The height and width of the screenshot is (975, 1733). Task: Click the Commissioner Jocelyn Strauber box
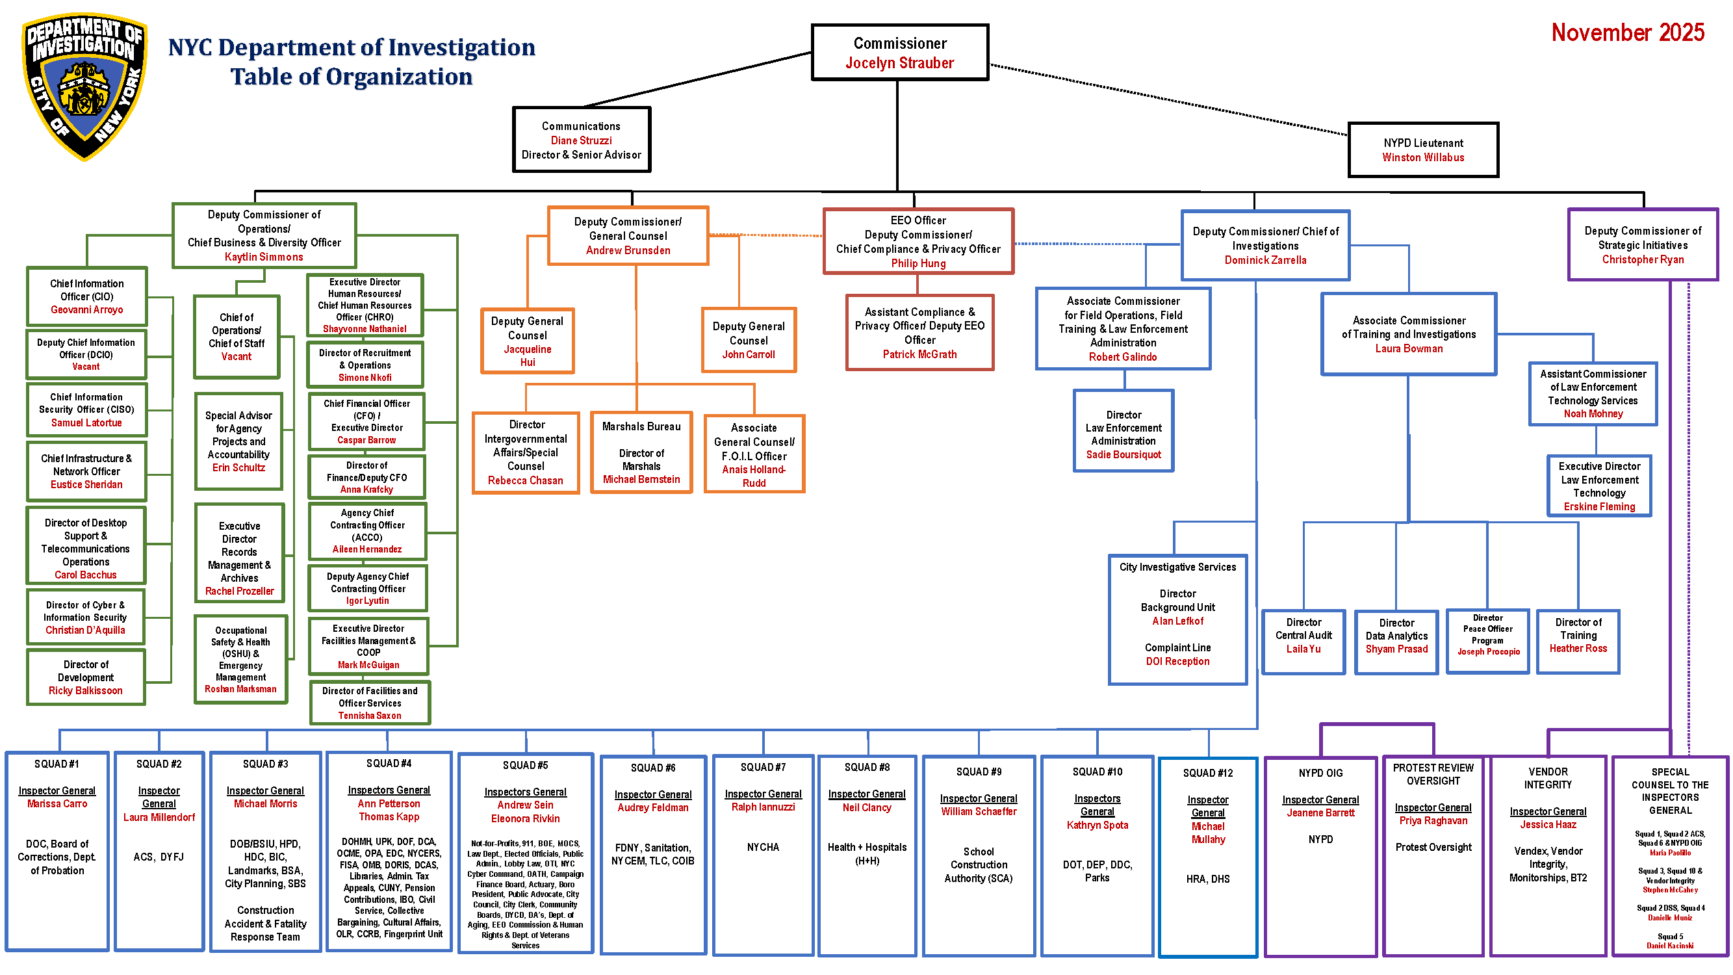899,53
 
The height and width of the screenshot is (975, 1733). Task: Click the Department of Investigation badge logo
83,86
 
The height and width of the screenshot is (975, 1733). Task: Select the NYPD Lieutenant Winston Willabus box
1423,150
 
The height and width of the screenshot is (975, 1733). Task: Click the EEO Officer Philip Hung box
918,241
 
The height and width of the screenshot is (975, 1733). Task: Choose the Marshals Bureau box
641,452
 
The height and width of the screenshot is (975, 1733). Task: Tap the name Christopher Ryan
1642,260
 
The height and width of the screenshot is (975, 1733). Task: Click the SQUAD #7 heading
762,767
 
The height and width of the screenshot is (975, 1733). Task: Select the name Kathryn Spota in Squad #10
1097,825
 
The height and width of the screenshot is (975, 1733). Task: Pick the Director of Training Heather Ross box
1578,642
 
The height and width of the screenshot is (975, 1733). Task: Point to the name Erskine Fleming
1598,507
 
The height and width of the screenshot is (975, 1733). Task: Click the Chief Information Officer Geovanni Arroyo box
87,296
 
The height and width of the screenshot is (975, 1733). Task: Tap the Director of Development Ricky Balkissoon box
85,677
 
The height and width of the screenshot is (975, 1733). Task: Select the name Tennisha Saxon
369,716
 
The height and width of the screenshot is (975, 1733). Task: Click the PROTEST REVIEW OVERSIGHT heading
1432,773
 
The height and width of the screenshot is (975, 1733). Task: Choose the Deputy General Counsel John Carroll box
748,340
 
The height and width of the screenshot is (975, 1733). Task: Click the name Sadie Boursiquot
1123,455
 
